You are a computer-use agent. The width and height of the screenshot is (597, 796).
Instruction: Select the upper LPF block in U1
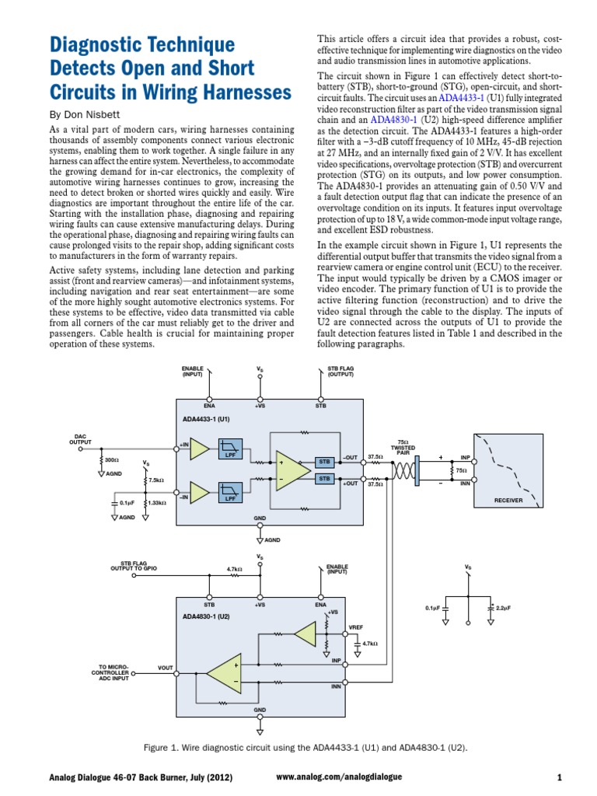[231, 448]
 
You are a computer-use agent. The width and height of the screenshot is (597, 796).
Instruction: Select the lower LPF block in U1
[231, 493]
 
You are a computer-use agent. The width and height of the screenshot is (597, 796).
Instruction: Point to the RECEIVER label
[508, 501]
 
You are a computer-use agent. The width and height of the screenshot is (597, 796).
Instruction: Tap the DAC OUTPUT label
[80, 439]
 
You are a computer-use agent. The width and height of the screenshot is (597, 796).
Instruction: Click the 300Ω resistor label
[111, 460]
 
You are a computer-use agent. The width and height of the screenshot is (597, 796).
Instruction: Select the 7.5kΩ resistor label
[156, 480]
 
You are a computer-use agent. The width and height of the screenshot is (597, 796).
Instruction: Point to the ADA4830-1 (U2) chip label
[206, 616]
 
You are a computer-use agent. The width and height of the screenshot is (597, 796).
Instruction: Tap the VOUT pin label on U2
[166, 668]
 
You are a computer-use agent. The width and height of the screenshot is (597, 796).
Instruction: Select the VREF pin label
[356, 627]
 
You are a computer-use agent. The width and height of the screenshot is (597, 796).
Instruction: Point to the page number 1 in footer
[559, 777]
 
